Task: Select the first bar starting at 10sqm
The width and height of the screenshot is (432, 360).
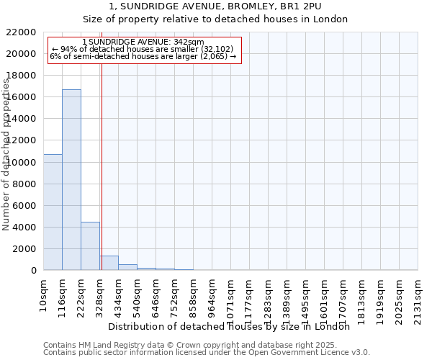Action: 53,212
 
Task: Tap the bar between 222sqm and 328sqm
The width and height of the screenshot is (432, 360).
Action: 90,246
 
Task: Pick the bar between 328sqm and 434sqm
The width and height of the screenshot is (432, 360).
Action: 109,263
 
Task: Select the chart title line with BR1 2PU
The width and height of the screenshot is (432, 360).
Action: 215,6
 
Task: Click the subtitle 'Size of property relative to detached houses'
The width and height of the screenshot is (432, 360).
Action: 215,19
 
